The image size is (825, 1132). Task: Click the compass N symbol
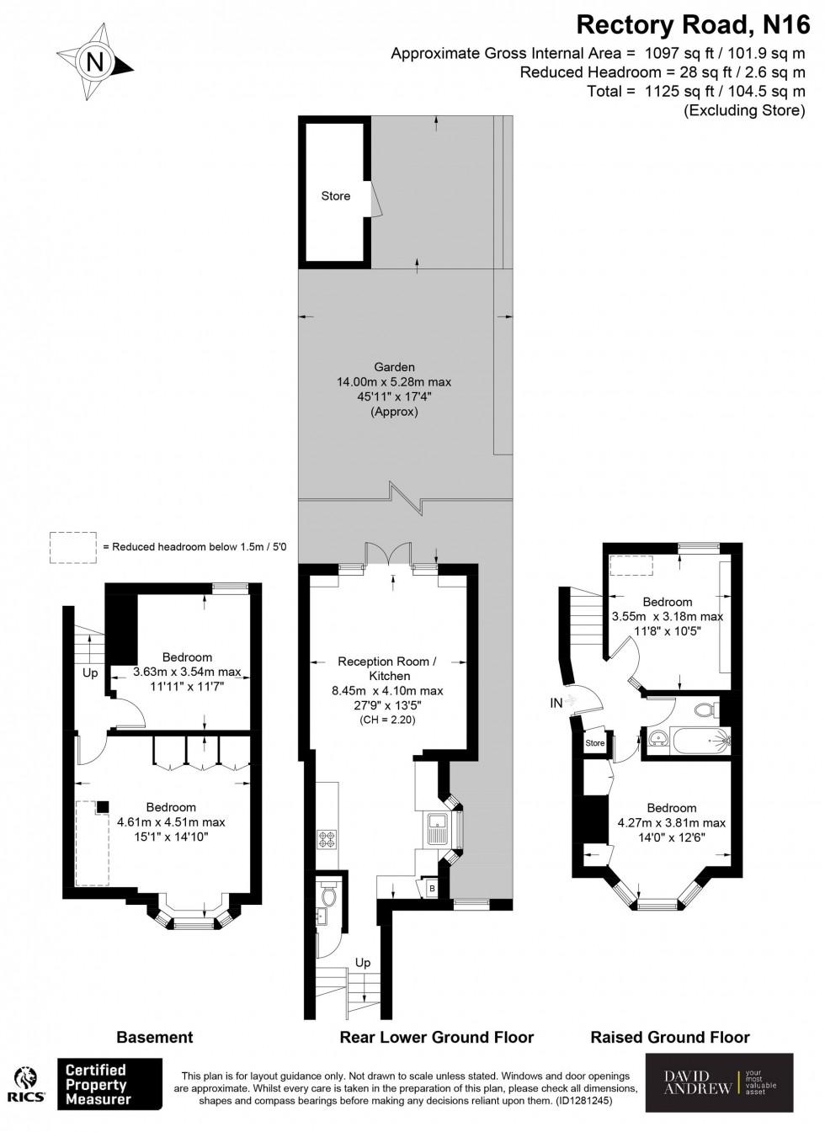[x=95, y=61]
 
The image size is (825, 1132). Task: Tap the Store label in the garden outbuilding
[x=335, y=196]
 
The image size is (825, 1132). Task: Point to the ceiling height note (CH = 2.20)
[x=387, y=720]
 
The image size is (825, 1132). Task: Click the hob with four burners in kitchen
[x=326, y=838]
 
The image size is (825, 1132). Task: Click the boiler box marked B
[x=432, y=889]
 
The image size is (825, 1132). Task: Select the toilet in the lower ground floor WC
[x=328, y=897]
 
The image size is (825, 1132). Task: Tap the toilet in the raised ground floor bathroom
[x=705, y=711]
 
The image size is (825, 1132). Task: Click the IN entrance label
[x=556, y=702]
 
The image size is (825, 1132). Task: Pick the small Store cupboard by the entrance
[x=595, y=743]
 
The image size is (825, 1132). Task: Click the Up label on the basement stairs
[x=90, y=673]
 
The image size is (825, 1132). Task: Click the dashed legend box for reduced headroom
[x=73, y=546]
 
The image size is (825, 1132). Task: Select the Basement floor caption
[x=154, y=1037]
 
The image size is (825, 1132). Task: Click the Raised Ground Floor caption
[x=670, y=1037]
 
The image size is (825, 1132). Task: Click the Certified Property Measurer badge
[x=109, y=1085]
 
